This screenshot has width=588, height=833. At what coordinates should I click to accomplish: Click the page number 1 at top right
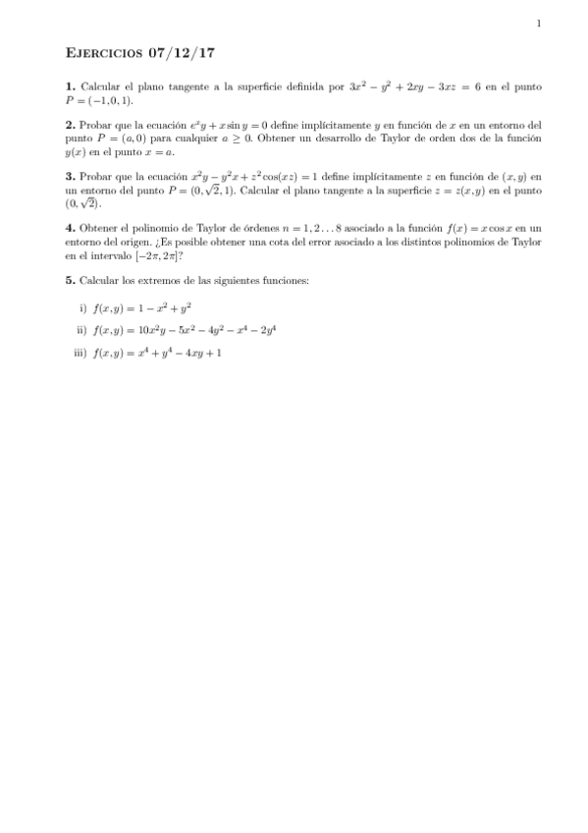pos(539,24)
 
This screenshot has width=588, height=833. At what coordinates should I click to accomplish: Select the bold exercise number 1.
pos(69,87)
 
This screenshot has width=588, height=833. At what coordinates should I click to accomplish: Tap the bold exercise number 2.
pos(69,126)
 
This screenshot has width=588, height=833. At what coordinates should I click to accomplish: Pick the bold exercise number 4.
pos(69,228)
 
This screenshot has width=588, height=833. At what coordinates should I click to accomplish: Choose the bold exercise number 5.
pos(69,280)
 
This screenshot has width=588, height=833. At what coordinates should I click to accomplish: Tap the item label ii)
pos(81,330)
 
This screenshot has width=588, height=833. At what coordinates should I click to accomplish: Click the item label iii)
pos(80,353)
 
